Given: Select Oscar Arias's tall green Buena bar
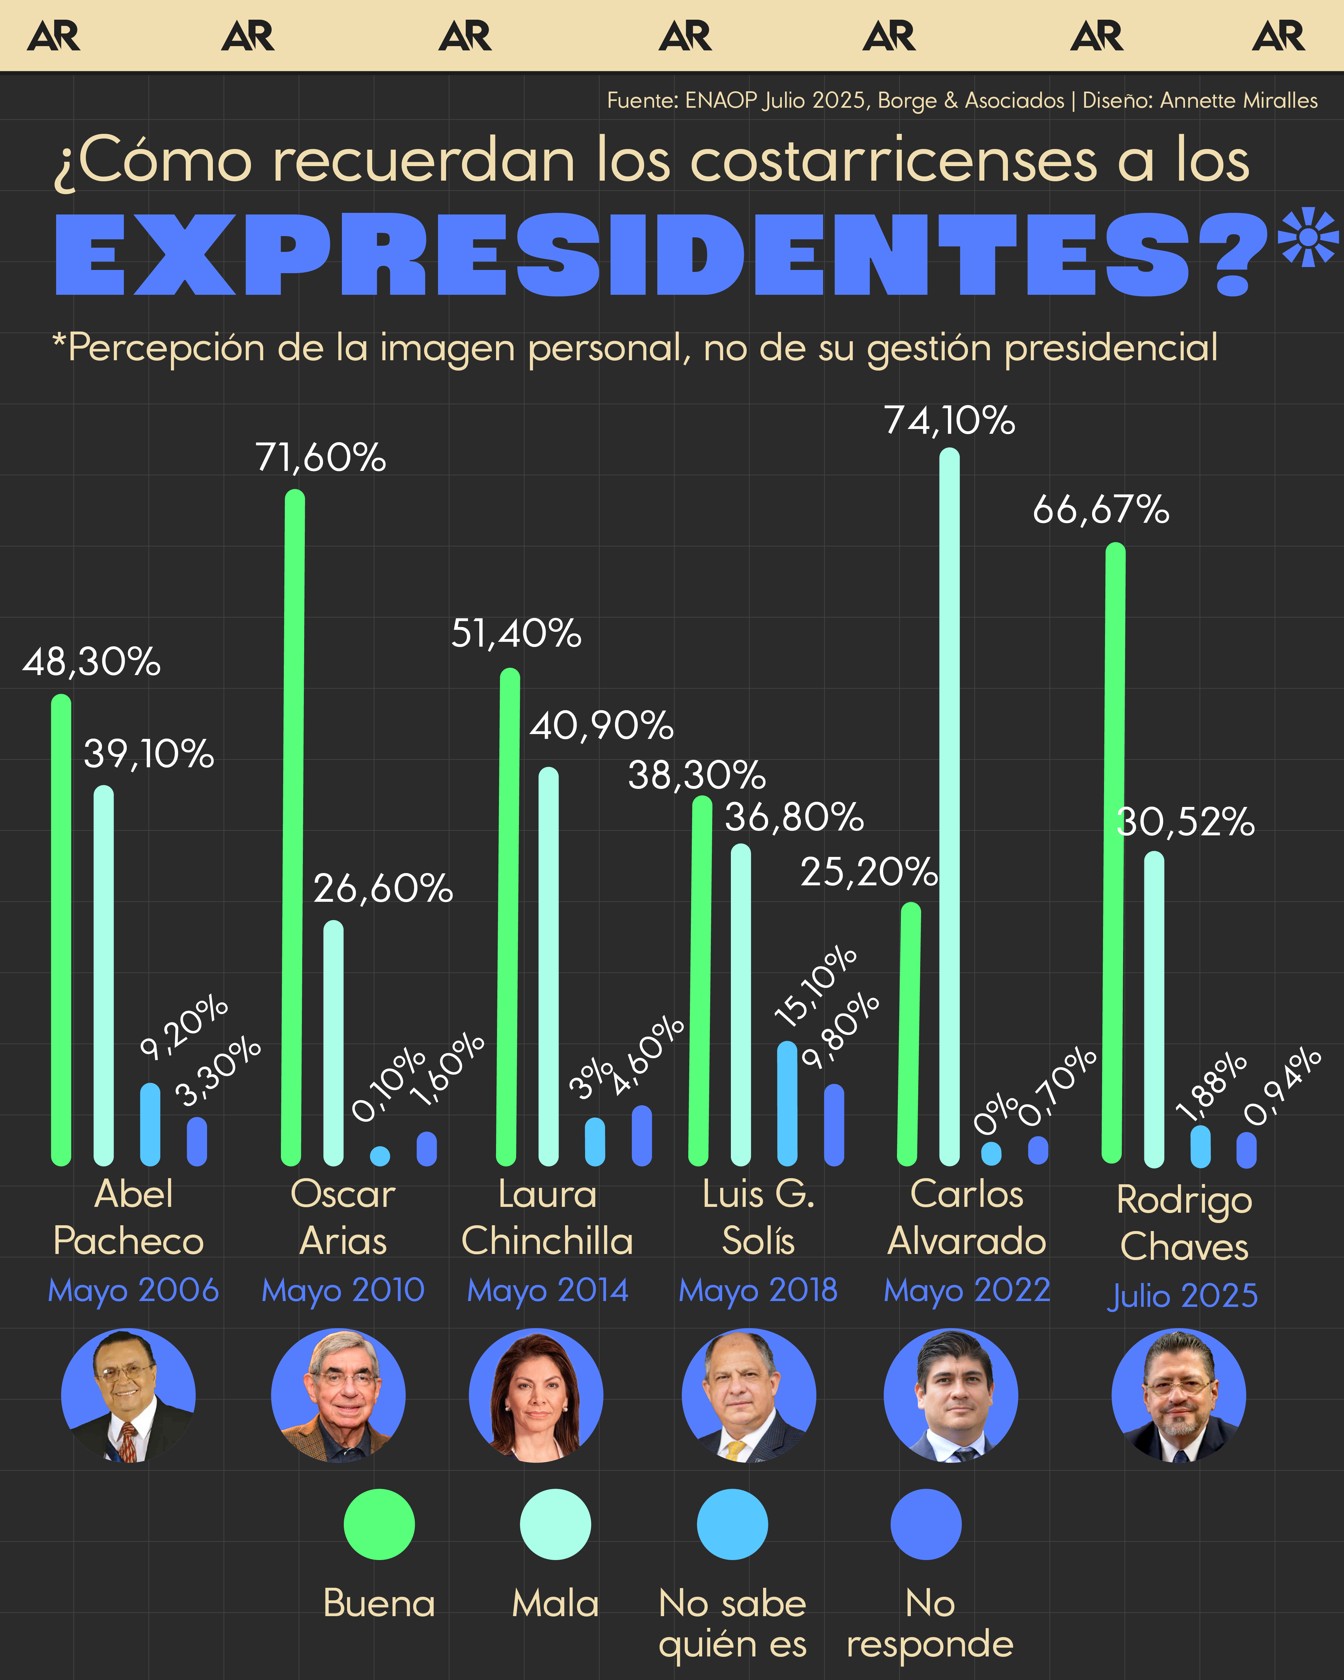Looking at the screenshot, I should pos(294,826).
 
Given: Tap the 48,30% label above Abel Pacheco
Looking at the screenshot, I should pos(91,662).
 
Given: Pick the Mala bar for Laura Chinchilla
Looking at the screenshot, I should pos(549,966).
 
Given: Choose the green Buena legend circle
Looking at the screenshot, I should pos(379,1524).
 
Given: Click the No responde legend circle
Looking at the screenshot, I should pos(926,1524).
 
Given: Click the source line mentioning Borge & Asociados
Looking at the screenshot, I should pos(961,101).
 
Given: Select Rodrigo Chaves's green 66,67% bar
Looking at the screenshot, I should pos(1114,853).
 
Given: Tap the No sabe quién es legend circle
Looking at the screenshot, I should pos(732,1524).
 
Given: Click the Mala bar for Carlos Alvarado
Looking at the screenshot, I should pos(949,807).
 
